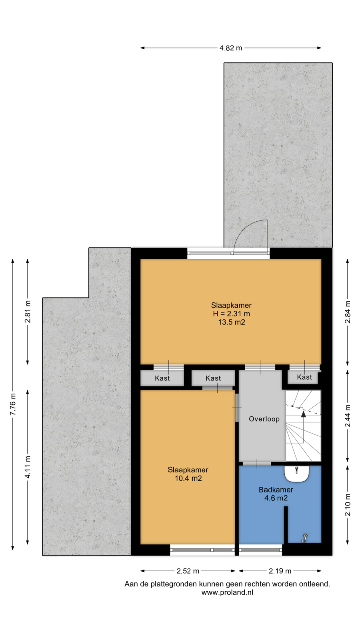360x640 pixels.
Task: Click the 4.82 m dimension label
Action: tap(230, 48)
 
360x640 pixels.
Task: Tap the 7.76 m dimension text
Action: tap(13, 404)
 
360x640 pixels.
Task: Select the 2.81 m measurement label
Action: tap(28, 312)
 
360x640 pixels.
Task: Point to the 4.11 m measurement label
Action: tap(28, 467)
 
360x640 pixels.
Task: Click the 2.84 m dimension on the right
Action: tap(348, 312)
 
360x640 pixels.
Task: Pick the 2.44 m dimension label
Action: tap(348, 416)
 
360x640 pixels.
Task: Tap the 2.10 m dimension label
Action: tap(348, 505)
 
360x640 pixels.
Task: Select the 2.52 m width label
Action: tap(188, 571)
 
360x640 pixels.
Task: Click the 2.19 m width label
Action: tap(280, 571)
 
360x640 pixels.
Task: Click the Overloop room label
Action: tap(264, 419)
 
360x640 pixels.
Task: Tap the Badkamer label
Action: tap(276, 490)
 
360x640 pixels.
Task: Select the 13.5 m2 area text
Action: tap(232, 322)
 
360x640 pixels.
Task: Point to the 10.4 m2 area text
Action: tap(188, 478)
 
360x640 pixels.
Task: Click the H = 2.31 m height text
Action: tap(232, 314)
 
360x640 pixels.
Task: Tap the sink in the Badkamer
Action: tap(296, 474)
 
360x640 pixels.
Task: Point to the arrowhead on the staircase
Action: tap(304, 414)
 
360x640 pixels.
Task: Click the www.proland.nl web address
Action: tap(228, 592)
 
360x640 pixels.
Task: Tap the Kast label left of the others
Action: tap(162, 378)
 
